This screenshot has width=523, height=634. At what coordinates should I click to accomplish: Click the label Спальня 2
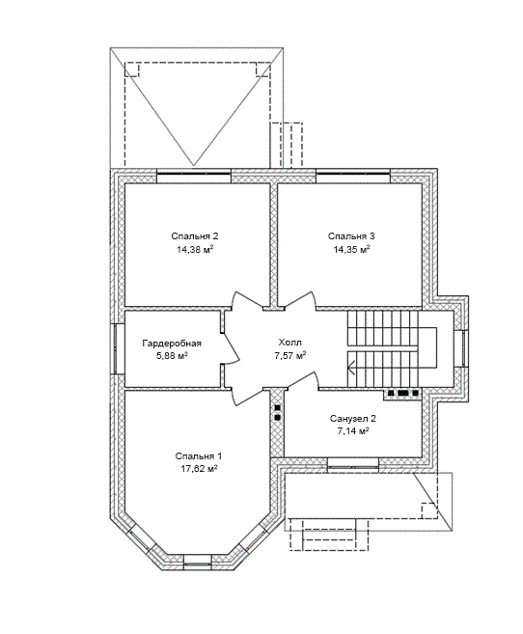(194, 236)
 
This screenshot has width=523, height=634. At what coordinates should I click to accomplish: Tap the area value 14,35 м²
(351, 250)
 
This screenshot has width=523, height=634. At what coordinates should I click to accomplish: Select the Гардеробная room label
(172, 344)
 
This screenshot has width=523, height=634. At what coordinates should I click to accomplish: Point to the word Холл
(289, 343)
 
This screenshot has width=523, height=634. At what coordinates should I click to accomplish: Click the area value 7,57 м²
(289, 356)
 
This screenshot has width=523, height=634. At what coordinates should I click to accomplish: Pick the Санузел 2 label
(353, 418)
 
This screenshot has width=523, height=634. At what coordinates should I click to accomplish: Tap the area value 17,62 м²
(199, 469)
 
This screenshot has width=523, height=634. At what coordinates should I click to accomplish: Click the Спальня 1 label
(199, 456)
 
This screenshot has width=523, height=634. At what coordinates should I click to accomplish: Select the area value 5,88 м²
(172, 357)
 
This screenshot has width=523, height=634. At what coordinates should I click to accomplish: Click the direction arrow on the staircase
(351, 368)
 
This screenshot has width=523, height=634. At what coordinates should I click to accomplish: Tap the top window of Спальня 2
(194, 176)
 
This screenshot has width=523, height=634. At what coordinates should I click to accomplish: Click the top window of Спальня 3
(353, 176)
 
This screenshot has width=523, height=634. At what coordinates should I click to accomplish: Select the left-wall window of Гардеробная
(116, 348)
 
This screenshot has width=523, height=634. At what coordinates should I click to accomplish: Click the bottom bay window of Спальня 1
(198, 561)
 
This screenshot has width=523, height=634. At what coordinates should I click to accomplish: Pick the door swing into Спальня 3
(299, 300)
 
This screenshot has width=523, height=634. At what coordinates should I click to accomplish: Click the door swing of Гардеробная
(232, 348)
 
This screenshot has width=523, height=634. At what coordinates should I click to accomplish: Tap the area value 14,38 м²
(195, 250)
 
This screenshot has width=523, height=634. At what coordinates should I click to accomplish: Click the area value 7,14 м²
(353, 431)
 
